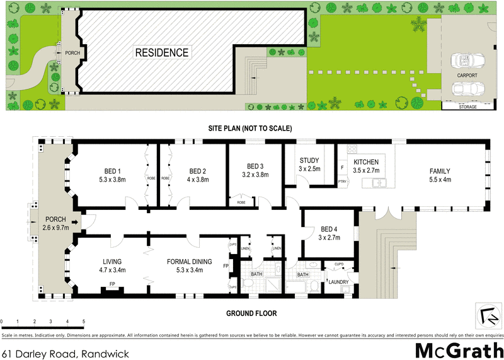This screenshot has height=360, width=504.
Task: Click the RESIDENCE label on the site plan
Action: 162,53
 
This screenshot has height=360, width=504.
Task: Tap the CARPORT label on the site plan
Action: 467,75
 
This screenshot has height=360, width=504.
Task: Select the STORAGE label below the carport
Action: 467,107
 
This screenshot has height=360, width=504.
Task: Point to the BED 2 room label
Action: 198,171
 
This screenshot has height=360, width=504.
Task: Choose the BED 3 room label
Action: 255,166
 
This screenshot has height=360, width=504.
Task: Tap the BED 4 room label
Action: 330,229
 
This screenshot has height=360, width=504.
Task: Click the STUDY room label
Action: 309,160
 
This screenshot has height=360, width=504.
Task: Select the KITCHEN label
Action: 365,162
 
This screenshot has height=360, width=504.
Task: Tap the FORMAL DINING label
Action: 189,262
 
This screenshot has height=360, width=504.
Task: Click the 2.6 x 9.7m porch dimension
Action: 54,228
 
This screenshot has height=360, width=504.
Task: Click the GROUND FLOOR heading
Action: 251,313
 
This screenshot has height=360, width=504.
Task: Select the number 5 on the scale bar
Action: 84,321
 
